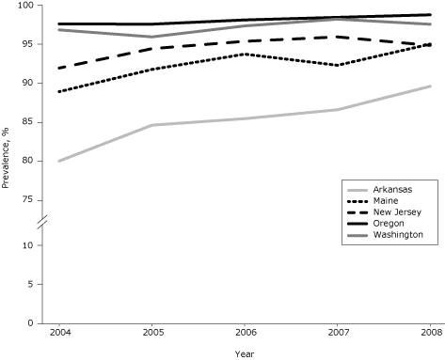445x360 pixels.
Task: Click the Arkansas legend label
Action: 392,190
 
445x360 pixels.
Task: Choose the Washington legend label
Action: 397,234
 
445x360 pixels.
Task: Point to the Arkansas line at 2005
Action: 151,125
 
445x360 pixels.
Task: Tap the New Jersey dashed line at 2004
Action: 57,68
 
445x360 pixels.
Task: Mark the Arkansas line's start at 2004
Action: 57,161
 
